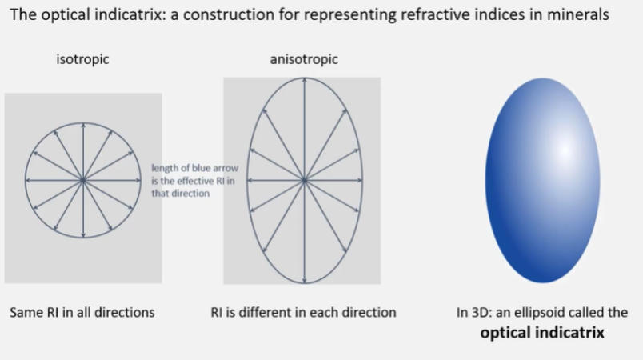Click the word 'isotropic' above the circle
pos(82,59)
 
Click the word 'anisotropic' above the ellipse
pos(304,59)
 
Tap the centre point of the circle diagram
pos(83,181)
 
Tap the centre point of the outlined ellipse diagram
pos(304,181)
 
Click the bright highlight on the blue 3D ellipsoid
pos(564,149)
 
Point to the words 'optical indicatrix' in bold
pos(542,331)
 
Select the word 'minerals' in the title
pos(585,14)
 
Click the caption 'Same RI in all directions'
pos(82,312)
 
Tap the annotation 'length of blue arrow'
pos(184,168)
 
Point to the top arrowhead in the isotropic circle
pos(83,125)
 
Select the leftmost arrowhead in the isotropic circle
pos(28,181)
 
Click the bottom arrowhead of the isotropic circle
pos(83,237)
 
